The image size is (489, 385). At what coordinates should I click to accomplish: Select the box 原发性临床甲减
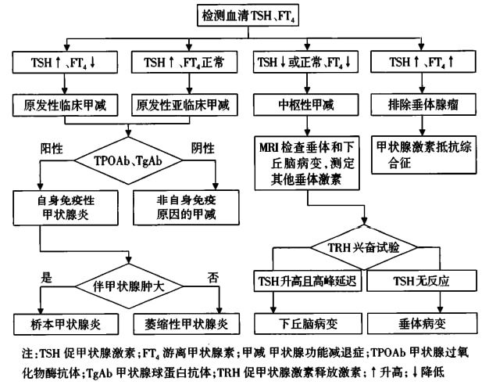(68, 103)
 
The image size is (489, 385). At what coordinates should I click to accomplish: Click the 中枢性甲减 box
(307, 103)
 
